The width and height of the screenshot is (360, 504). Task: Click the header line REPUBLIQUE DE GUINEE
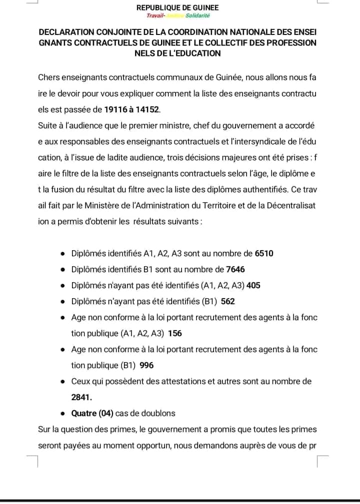pos(177,8)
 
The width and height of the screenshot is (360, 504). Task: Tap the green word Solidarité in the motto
pos(198,16)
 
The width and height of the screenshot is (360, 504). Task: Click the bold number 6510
pos(264,253)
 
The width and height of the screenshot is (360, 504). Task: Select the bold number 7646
pos(235,269)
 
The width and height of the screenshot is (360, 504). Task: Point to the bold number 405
pos(253,285)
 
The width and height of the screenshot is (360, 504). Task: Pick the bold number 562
pos(228,301)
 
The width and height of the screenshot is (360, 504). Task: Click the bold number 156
pos(175,333)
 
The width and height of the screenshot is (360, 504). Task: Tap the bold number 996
pos(147,365)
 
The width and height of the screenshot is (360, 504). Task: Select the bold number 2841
pos(81,397)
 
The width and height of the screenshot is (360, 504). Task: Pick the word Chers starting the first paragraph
pos(48,77)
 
